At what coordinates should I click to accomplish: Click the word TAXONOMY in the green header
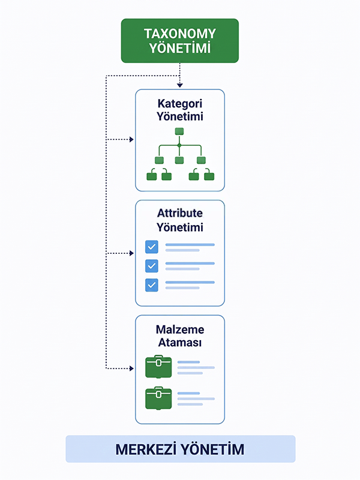[x=180, y=34]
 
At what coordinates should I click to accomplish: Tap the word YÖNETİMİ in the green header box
[x=180, y=48]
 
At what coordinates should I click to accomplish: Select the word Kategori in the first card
[x=180, y=104]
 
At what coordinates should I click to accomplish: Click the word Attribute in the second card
[x=180, y=213]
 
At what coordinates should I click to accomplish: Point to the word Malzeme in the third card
[x=180, y=329]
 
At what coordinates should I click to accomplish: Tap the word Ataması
[x=180, y=343]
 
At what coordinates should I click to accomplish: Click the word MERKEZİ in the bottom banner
[x=146, y=449]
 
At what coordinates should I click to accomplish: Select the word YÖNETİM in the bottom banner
[x=212, y=449]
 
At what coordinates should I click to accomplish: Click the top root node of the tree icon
[x=179, y=131]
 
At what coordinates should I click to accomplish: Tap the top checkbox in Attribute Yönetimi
[x=152, y=247]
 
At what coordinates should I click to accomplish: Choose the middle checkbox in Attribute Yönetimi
[x=152, y=266]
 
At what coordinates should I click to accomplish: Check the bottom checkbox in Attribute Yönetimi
[x=152, y=285]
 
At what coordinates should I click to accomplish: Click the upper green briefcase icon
[x=158, y=367]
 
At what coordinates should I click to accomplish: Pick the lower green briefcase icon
[x=158, y=398]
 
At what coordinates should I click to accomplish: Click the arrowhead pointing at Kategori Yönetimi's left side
[x=131, y=140]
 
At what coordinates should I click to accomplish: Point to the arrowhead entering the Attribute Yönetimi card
[x=131, y=253]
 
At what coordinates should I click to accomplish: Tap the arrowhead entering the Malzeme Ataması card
[x=131, y=368]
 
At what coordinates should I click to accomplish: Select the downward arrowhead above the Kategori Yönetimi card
[x=179, y=85]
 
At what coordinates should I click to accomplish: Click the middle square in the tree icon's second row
[x=179, y=160]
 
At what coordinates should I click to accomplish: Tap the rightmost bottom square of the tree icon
[x=209, y=176]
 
